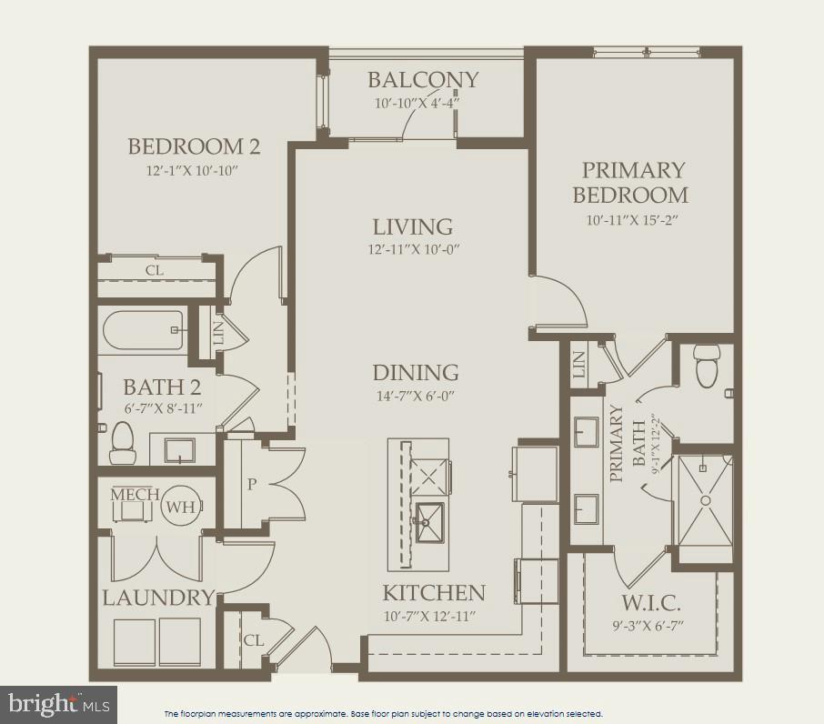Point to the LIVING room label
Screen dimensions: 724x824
point(412,226)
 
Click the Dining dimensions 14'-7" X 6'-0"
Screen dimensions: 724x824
point(414,396)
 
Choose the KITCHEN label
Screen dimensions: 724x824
point(433,593)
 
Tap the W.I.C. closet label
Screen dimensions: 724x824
point(650,603)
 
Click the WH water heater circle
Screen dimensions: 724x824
point(180,508)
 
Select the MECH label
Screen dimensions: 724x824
point(135,494)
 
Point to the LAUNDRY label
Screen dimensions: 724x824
point(157,598)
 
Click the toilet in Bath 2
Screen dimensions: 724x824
point(121,442)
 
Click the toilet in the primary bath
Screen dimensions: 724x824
point(707,366)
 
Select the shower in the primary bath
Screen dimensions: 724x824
point(704,498)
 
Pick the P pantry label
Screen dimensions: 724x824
point(252,485)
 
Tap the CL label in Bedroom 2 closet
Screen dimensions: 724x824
point(155,270)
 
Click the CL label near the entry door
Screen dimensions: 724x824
point(253,640)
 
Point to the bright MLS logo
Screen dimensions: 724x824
point(57,703)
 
